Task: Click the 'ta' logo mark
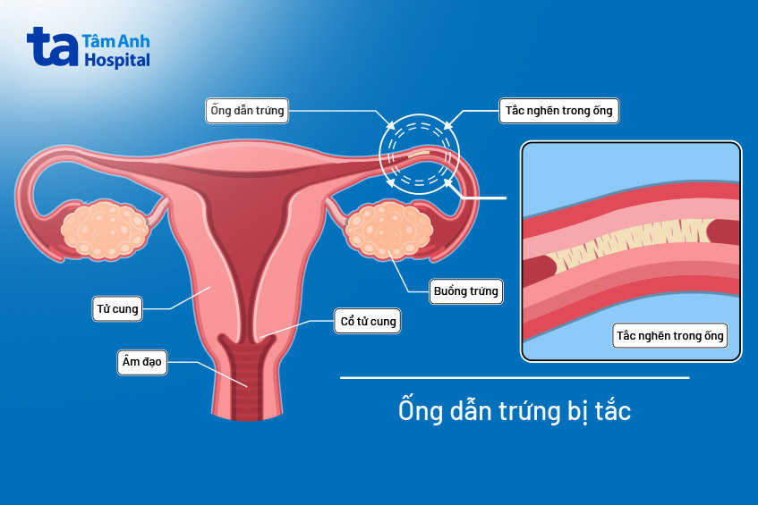tap(51, 46)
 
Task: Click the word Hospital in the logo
tap(117, 60)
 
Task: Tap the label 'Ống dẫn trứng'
tap(246, 111)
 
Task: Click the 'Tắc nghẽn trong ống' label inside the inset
tap(670, 336)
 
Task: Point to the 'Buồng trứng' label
tap(465, 290)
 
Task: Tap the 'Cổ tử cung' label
tap(365, 321)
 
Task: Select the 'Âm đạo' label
tap(142, 362)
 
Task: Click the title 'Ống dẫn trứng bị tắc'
tap(515, 411)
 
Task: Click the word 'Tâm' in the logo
tap(98, 41)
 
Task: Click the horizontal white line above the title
tap(515, 378)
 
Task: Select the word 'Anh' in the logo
tap(132, 41)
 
